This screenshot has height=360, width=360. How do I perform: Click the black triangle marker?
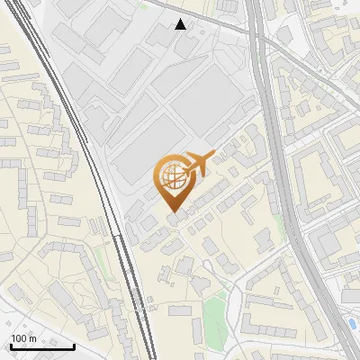pyautogui.click(x=181, y=24)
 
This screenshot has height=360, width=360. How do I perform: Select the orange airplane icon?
pyautogui.click(x=196, y=164)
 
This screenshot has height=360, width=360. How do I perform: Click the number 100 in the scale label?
pyautogui.click(x=20, y=338)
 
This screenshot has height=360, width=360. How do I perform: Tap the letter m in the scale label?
pyautogui.click(x=34, y=338)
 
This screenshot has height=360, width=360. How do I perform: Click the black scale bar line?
pyautogui.click(x=42, y=346)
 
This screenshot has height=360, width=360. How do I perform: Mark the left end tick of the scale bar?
pyautogui.click(x=11, y=345)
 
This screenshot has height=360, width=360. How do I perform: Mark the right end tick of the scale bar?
pyautogui.click(x=74, y=345)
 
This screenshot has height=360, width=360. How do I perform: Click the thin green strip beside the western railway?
pyautogui.click(x=98, y=261)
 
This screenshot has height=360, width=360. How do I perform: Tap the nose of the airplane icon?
pyautogui.click(x=213, y=155)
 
